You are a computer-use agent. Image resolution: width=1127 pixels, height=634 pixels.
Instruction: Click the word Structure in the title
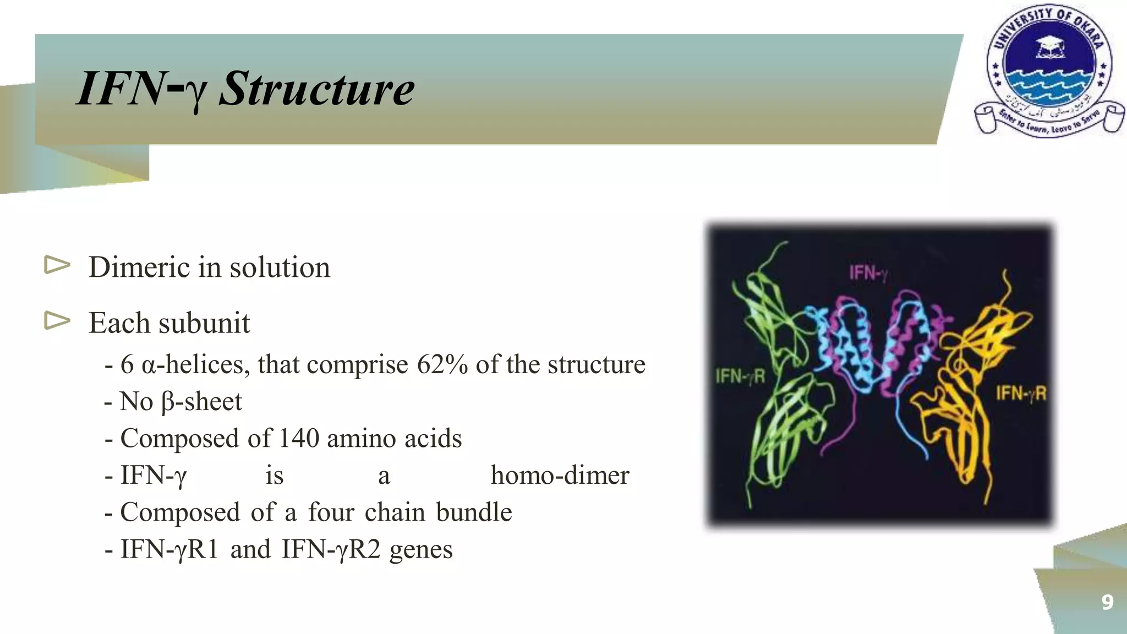point(316,89)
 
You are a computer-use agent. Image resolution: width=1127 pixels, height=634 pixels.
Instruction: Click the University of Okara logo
point(1049,72)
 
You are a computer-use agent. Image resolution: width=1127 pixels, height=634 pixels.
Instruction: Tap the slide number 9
point(1107,602)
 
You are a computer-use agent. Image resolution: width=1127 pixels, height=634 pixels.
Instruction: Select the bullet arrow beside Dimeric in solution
point(57,265)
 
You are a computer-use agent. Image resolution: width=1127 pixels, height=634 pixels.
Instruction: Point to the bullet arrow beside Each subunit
point(57,320)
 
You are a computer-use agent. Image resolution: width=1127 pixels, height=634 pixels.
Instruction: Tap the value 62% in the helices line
point(442,364)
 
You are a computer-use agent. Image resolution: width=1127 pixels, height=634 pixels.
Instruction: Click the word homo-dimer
point(560,475)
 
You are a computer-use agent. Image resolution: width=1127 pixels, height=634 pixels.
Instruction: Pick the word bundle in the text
point(474,512)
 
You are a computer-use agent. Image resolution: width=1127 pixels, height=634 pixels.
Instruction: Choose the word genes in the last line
point(421,549)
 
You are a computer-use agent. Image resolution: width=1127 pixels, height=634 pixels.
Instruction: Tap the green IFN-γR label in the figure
point(740,376)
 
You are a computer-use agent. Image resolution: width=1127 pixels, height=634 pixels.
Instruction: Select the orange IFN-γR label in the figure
point(1021,393)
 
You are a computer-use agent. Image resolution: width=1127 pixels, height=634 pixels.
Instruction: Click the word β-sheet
point(201,402)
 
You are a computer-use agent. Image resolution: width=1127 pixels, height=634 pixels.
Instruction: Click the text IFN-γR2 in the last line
point(331,549)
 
